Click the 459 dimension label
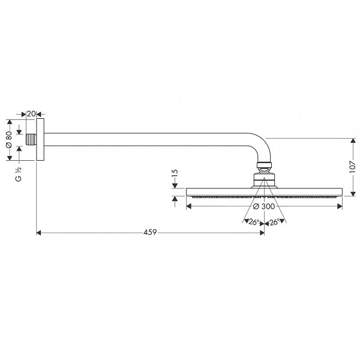pyautogui.click(x=150, y=232)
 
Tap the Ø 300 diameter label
pyautogui.click(x=264, y=206)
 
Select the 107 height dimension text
pyautogui.click(x=353, y=167)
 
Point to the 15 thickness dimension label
pyautogui.click(x=175, y=173)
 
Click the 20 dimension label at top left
pyautogui.click(x=31, y=113)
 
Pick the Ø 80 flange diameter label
pyautogui.click(x=9, y=140)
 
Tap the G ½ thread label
pyautogui.click(x=19, y=174)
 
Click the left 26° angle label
pyautogui.click(x=254, y=222)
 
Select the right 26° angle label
pyautogui.click(x=275, y=222)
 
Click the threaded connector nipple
pyautogui.click(x=31, y=140)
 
